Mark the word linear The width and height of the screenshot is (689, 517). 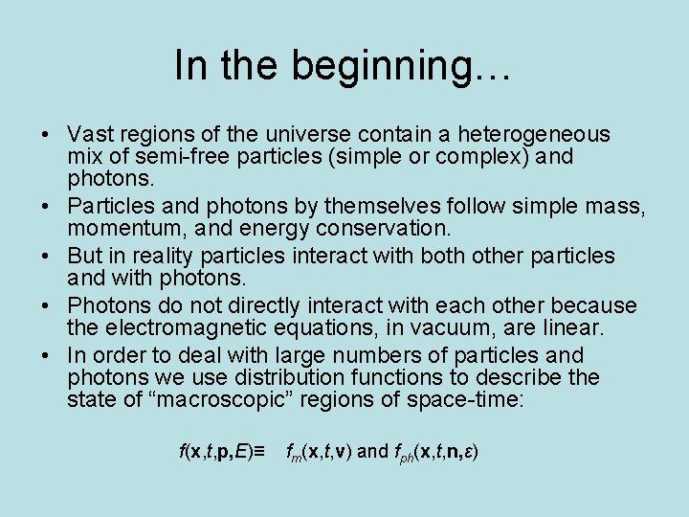[570, 328]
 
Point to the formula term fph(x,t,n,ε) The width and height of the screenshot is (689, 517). [434, 450]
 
